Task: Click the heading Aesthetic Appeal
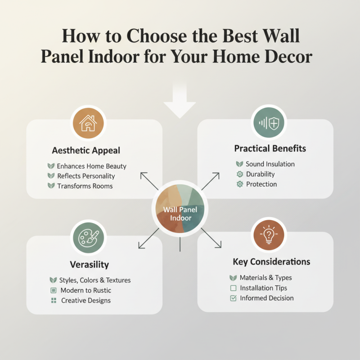click(x=86, y=150)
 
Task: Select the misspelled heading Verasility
click(x=89, y=264)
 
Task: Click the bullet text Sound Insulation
click(x=270, y=164)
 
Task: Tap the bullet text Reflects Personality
click(x=86, y=176)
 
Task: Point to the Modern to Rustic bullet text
click(x=85, y=290)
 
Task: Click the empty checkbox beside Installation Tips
click(x=233, y=288)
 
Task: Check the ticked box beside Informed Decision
click(x=233, y=298)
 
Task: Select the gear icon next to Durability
click(x=239, y=174)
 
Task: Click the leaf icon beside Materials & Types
click(x=233, y=278)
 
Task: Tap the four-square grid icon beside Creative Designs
click(x=54, y=300)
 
